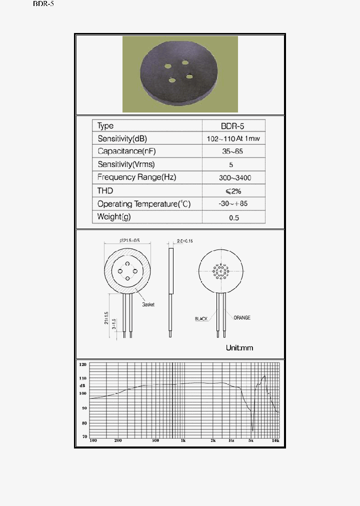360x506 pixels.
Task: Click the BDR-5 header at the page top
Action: (x=43, y=4)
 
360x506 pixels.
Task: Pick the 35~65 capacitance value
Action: (x=232, y=151)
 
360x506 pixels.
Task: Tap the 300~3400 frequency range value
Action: (x=232, y=177)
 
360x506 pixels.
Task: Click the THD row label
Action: (x=105, y=190)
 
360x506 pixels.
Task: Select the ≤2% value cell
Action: (x=232, y=190)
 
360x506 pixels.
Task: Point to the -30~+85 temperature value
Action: (x=232, y=204)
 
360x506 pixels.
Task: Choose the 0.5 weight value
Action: (x=232, y=217)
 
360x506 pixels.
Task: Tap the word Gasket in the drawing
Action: (x=148, y=304)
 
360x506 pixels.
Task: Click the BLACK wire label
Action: (x=201, y=318)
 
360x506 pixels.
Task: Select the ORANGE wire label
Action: (x=242, y=317)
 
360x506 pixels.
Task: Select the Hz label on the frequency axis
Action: (x=231, y=440)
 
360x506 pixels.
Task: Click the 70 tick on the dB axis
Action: (x=84, y=436)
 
